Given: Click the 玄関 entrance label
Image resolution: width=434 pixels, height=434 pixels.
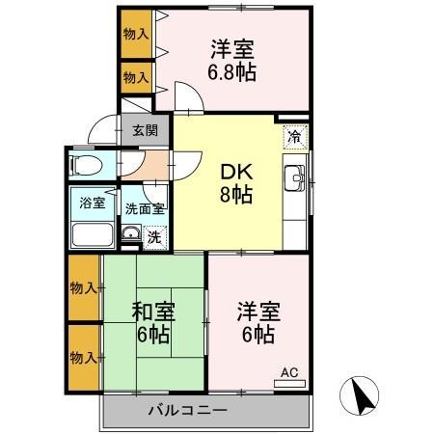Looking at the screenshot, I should [x=145, y=130].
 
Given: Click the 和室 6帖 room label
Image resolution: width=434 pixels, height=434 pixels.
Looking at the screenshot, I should [x=151, y=322].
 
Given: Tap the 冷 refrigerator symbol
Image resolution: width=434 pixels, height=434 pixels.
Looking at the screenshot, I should [x=295, y=137].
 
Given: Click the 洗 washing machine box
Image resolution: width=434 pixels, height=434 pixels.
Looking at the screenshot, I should [x=152, y=234].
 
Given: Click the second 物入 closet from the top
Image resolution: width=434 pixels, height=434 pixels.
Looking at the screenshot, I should [x=136, y=75].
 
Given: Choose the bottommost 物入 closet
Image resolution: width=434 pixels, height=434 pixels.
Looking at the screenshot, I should [x=83, y=358].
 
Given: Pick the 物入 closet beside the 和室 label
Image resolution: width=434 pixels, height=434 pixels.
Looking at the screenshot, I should [x=83, y=287].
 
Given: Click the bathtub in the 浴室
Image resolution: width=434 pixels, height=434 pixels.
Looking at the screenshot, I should [x=92, y=234].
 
